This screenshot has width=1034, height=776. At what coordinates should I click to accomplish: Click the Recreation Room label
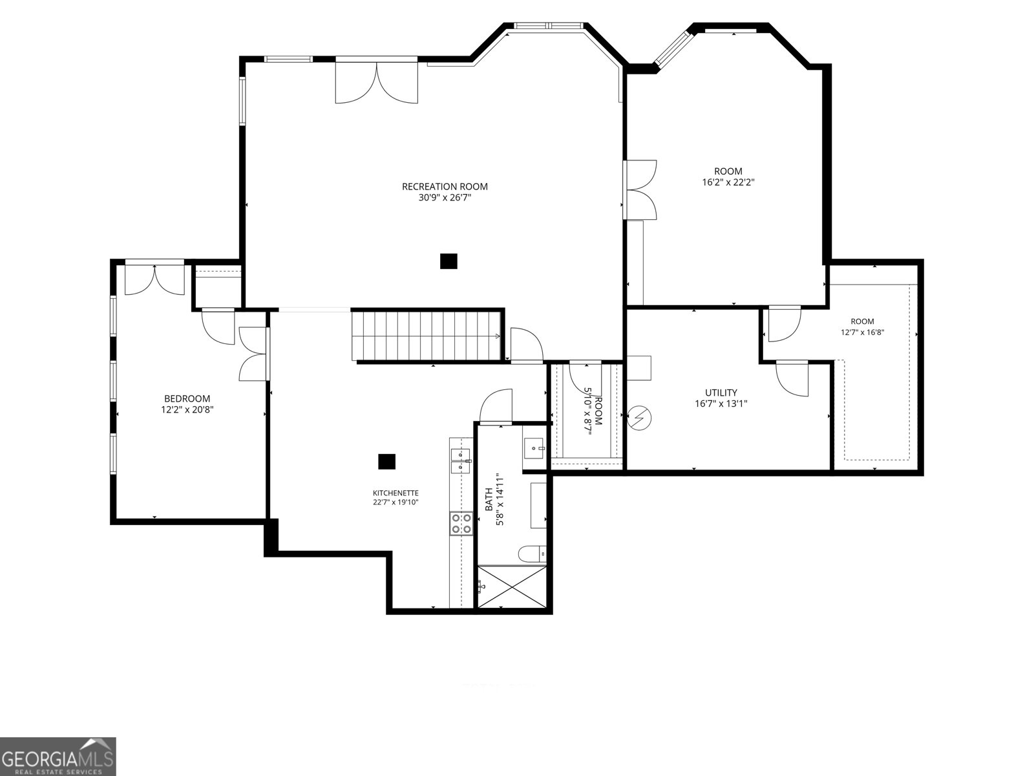click(x=445, y=187)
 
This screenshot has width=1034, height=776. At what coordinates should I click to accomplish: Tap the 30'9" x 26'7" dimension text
click(x=445, y=198)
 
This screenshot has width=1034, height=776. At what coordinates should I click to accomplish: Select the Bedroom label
click(x=187, y=398)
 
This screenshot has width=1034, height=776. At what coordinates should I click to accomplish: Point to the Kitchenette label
click(x=396, y=493)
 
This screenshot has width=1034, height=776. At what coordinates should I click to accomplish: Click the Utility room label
click(x=721, y=393)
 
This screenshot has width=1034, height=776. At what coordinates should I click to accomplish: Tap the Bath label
click(x=489, y=499)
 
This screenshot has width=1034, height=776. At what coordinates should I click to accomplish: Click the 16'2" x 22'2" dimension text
click(x=728, y=182)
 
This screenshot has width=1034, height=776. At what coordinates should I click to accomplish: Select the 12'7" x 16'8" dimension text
click(x=863, y=332)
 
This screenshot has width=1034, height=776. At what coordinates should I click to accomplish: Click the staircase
click(x=427, y=336)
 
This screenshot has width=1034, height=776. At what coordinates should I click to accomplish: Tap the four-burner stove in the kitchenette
click(x=461, y=523)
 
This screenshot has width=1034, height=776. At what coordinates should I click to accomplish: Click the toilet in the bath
click(x=533, y=554)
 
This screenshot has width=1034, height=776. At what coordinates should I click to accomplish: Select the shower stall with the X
click(x=512, y=587)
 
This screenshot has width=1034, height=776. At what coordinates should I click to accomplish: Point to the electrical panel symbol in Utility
click(x=639, y=418)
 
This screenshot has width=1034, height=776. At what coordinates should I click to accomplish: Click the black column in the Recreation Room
click(x=448, y=261)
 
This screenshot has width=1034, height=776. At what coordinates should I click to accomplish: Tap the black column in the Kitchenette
click(x=386, y=462)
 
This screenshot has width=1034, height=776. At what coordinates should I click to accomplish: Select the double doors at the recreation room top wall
click(x=376, y=82)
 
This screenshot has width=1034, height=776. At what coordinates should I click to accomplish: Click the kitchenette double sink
click(x=461, y=461)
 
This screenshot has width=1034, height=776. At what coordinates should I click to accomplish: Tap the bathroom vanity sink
click(x=534, y=447)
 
